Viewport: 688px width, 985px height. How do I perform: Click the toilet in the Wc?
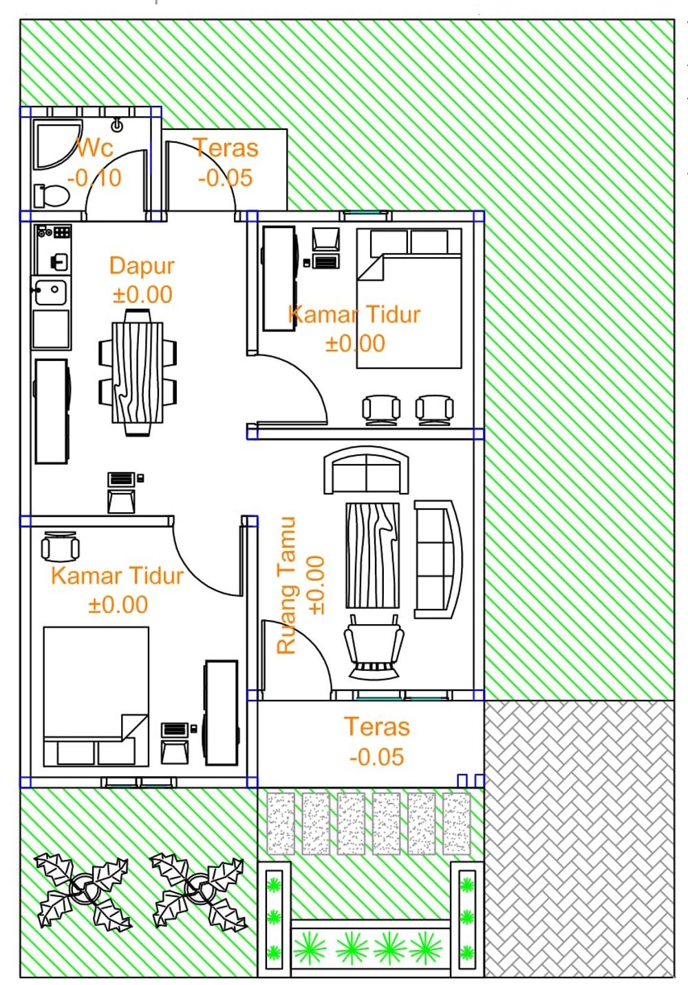(x=52, y=196)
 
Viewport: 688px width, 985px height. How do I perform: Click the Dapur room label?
(x=142, y=266)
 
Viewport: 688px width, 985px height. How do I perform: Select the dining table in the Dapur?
(x=138, y=373)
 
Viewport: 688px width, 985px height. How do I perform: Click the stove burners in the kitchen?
(x=62, y=232)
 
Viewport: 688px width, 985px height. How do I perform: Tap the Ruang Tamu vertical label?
(x=286, y=585)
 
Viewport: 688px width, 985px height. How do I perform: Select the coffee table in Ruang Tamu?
(x=372, y=556)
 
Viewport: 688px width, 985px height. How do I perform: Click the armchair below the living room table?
(x=374, y=646)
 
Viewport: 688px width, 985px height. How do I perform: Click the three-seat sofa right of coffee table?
(x=438, y=560)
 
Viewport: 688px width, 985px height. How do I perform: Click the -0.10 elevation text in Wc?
(x=94, y=178)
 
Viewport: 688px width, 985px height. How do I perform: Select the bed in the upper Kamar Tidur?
(x=409, y=298)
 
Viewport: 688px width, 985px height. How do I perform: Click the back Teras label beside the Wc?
(x=226, y=148)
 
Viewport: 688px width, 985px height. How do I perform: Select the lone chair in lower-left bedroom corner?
(x=61, y=546)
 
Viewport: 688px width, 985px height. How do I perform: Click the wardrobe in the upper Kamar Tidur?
(x=279, y=279)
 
